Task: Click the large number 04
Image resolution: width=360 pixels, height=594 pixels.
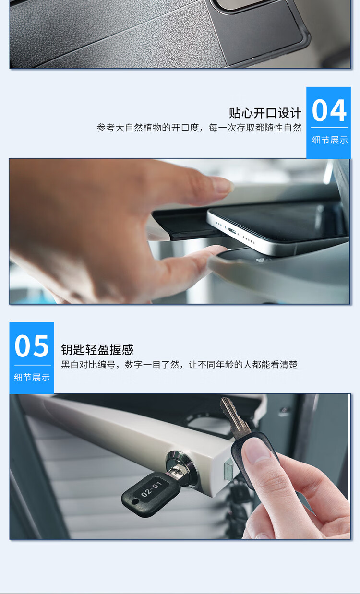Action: click(329, 110)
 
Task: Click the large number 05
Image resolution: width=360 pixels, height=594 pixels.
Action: click(32, 346)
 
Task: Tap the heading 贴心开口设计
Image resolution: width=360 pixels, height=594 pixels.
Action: click(265, 113)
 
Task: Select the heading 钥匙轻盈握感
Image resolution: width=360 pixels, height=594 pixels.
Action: click(97, 349)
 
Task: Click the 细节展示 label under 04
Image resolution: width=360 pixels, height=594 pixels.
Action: click(329, 140)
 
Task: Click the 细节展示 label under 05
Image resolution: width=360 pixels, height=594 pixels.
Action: click(32, 377)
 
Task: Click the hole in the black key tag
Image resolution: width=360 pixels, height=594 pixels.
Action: click(135, 502)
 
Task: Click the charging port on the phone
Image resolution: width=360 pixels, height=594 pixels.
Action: click(231, 231)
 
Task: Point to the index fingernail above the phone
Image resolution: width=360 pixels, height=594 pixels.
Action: click(221, 185)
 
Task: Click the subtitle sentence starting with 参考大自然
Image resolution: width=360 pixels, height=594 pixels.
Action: click(199, 128)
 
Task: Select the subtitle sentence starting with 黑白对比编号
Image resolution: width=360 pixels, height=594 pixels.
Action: click(180, 365)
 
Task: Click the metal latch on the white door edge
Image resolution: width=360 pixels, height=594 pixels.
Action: click(228, 470)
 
